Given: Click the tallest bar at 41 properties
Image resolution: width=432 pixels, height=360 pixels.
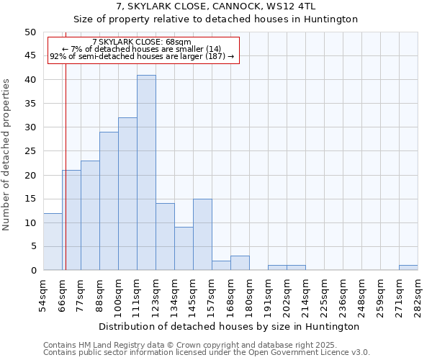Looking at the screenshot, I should pos(146,173).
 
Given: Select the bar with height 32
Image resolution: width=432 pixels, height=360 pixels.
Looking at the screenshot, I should pos(127,194).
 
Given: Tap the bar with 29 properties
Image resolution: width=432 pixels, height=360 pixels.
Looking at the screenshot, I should pos(109,201).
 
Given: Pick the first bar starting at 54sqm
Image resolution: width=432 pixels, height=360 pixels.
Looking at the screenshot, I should pos(53,242).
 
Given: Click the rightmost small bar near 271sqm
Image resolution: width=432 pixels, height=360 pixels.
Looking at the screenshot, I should pos(408,268).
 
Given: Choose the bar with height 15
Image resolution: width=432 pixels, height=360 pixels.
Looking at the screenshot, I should pos(202,235).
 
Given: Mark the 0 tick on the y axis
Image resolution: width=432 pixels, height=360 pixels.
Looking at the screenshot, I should pos(32,271).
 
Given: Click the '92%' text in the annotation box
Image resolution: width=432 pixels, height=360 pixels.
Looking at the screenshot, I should pos(58,56).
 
